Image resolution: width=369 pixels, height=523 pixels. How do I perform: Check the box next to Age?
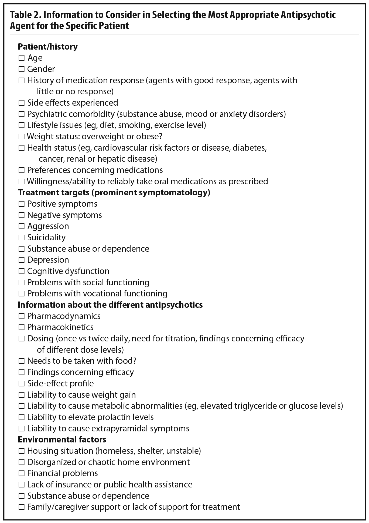tap(21, 58)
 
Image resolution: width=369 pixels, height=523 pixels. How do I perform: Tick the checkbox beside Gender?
tap(21, 69)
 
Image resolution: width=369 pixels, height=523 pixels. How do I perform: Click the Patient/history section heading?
tap(47, 47)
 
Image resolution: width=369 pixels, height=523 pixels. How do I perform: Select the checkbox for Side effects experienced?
tap(21, 103)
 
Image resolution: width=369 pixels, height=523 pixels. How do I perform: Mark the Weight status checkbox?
tap(21, 137)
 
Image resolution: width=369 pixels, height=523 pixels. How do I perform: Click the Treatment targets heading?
tap(114, 193)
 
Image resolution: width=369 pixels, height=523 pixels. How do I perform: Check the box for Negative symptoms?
tap(21, 215)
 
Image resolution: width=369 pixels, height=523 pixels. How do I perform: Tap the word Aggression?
tap(48, 226)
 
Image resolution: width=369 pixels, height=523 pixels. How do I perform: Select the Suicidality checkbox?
tap(21, 238)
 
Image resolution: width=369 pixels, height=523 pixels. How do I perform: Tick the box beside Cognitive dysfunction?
tap(21, 271)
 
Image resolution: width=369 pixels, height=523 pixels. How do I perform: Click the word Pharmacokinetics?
tap(60, 327)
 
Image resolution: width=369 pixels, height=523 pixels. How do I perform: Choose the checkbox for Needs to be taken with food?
tap(21, 361)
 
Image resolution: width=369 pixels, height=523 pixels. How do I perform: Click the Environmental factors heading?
tap(62, 440)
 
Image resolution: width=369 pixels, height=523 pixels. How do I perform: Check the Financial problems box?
tap(21, 473)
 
